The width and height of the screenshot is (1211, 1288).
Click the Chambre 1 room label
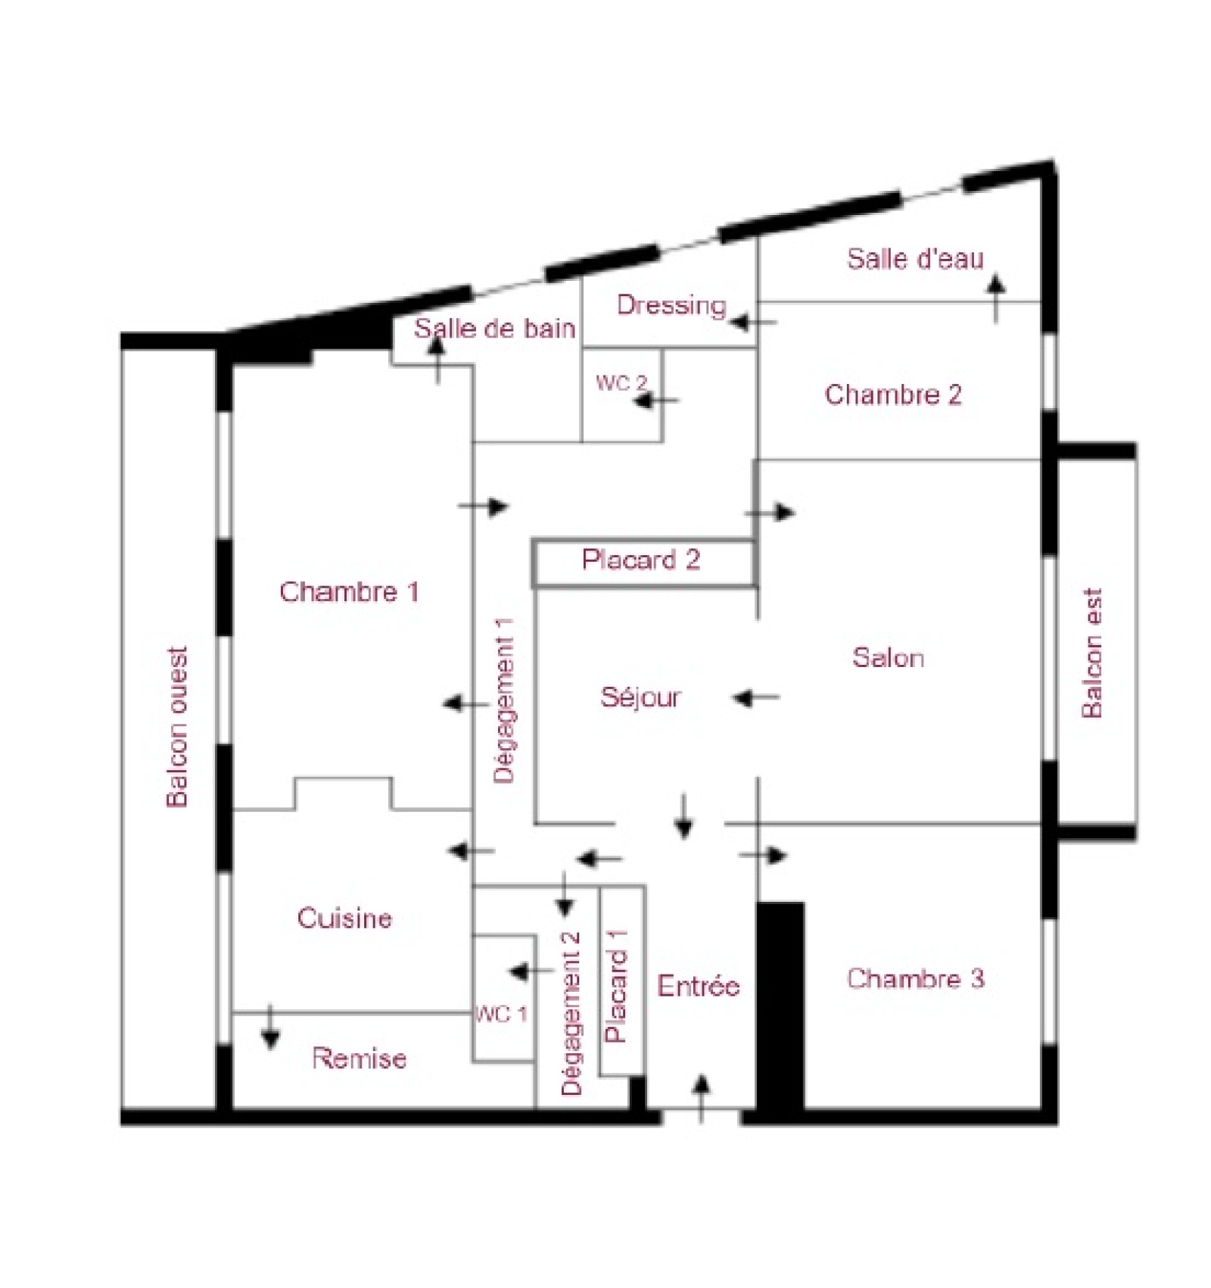(349, 591)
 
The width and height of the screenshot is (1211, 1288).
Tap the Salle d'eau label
(915, 259)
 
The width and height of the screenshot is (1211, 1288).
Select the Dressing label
(671, 305)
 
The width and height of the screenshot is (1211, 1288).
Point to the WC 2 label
(621, 383)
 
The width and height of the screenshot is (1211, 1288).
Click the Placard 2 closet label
(641, 560)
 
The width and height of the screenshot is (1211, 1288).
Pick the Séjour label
(640, 697)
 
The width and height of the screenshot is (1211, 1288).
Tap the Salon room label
(888, 657)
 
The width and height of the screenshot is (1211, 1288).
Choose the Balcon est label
(1091, 653)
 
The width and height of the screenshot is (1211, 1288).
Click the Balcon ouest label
(176, 727)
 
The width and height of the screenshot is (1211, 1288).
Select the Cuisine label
(344, 918)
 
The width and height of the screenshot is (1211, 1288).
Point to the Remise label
(359, 1058)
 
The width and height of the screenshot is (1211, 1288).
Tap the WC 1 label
(500, 1014)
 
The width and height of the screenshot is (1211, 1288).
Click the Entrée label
(698, 986)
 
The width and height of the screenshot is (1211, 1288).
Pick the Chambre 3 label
(915, 978)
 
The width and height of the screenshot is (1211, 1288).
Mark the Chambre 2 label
(893, 395)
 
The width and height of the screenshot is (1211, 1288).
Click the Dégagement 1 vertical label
(503, 700)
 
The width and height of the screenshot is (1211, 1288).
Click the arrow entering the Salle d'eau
(996, 298)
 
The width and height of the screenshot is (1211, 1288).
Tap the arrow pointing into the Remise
(270, 1028)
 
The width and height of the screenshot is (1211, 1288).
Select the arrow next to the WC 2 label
(656, 400)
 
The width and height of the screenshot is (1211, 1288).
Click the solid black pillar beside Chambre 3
(780, 1006)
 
